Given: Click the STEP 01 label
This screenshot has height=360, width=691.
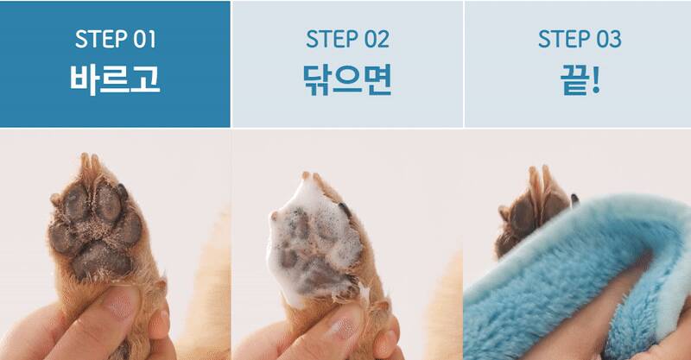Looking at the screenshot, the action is click(x=116, y=39).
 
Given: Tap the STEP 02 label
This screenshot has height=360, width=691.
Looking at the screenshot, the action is click(x=348, y=39).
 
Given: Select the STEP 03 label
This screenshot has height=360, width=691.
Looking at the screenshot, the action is click(x=580, y=39).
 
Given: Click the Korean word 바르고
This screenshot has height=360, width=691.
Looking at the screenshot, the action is click(x=115, y=79).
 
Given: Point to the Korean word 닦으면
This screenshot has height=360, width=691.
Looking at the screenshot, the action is click(x=347, y=79).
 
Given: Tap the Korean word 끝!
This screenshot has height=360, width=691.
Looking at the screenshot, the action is click(x=580, y=79).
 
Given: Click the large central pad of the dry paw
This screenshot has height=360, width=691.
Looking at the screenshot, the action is click(x=101, y=260).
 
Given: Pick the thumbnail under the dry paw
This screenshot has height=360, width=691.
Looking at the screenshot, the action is click(x=124, y=304).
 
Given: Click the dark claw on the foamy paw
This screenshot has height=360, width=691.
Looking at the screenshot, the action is click(x=345, y=209).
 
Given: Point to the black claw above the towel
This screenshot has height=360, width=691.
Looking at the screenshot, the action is click(x=574, y=199).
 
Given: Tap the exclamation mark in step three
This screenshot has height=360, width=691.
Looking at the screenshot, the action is click(x=595, y=79).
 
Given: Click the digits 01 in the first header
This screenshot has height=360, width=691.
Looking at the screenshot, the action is click(x=144, y=39).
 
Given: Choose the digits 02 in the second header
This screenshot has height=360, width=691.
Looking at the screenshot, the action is click(x=377, y=39).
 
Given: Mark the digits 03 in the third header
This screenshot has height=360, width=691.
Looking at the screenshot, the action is click(x=609, y=39).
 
